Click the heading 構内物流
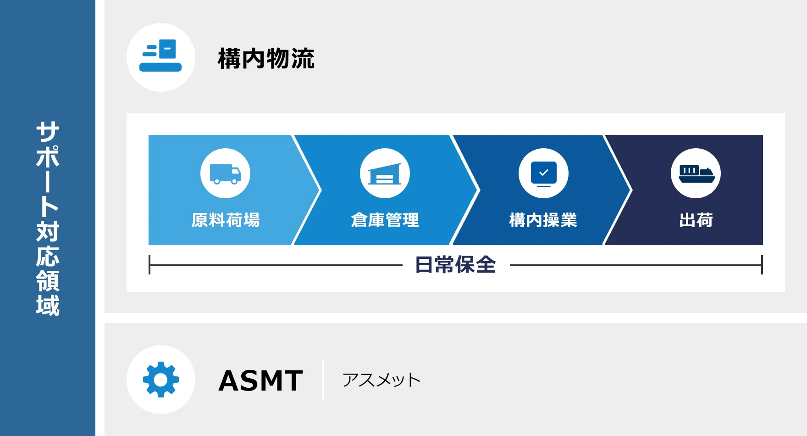[x=266, y=58]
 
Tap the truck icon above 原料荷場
[x=225, y=173]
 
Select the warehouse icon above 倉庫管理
[x=385, y=173]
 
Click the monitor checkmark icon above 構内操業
[x=543, y=173]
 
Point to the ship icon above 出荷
[x=696, y=173]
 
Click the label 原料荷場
[x=225, y=220]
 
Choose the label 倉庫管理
[x=385, y=220]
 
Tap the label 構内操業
[x=543, y=220]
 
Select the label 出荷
[x=696, y=220]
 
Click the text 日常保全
[x=455, y=265]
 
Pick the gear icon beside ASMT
[x=161, y=380]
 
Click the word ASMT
[x=260, y=380]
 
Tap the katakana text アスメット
[x=381, y=380]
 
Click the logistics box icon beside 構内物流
[x=160, y=55]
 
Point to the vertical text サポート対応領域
[x=48, y=218]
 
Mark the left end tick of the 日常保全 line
[x=149, y=265]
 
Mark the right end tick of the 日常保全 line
[x=762, y=265]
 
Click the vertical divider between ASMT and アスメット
[x=323, y=380]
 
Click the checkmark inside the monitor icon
[x=544, y=173]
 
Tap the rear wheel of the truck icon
[x=217, y=181]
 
